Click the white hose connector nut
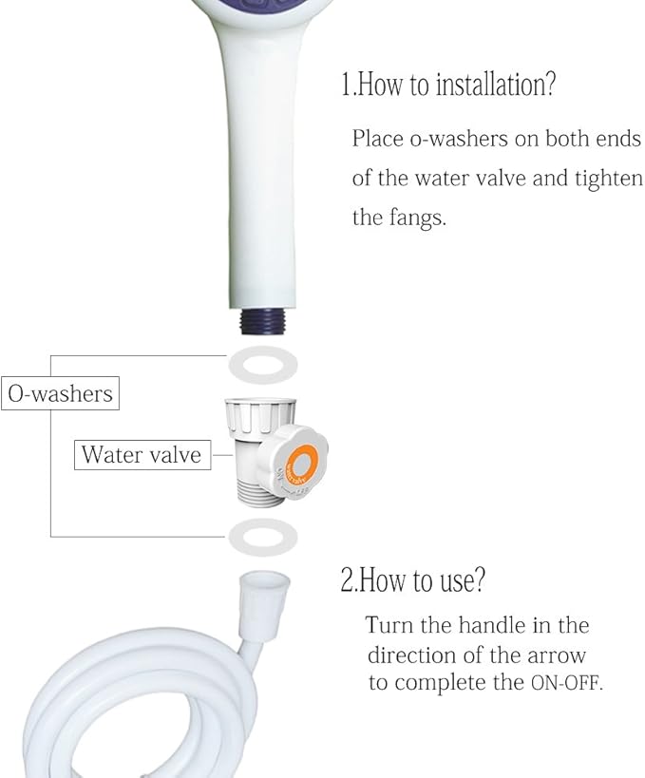(x=264, y=606)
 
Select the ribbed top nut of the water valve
(x=259, y=418)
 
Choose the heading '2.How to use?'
(x=413, y=579)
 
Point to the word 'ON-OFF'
(x=567, y=683)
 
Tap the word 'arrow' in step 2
(x=557, y=655)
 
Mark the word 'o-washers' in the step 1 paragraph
(x=458, y=138)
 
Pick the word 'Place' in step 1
(x=377, y=138)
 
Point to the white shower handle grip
(x=262, y=163)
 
